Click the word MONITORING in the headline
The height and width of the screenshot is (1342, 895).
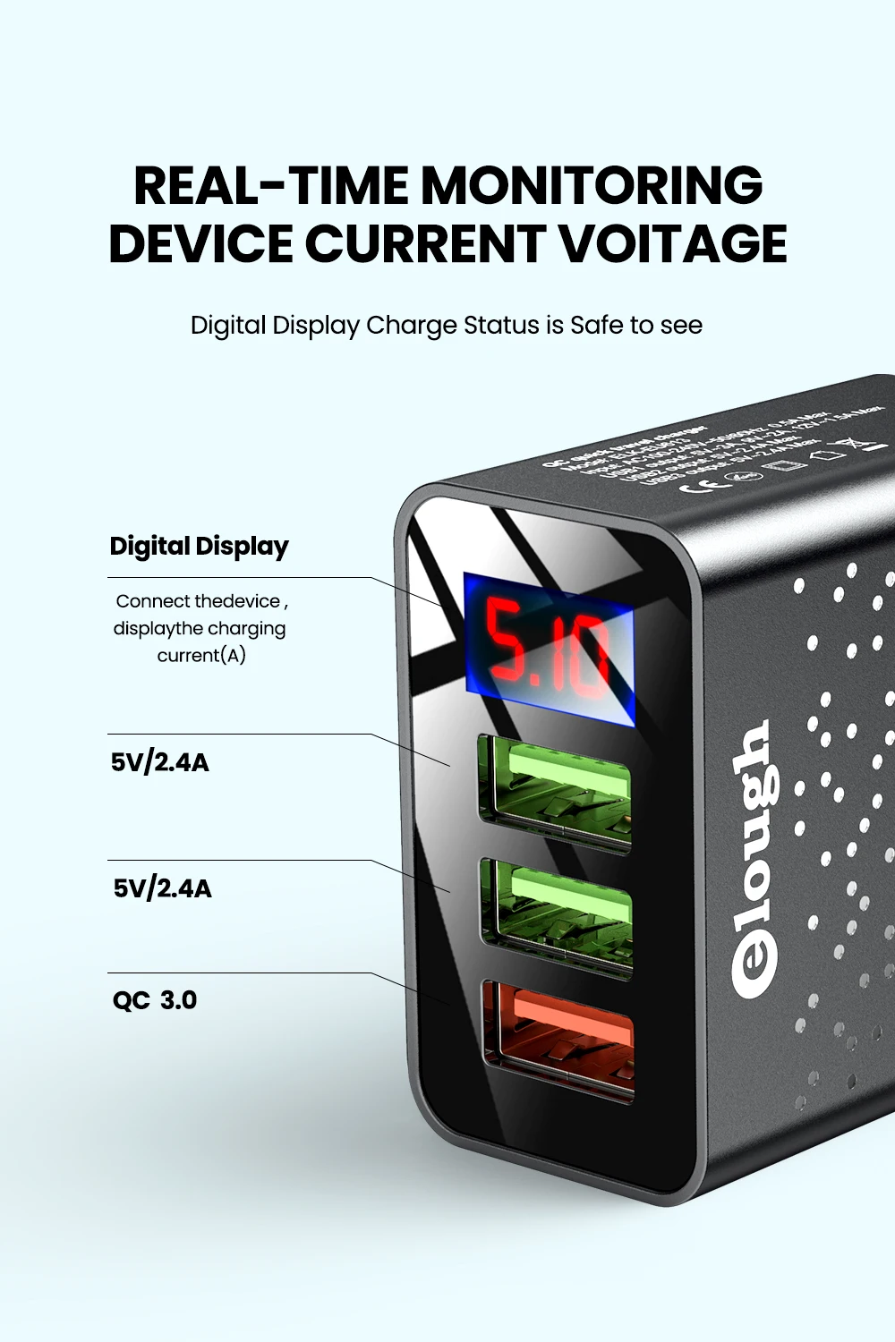click(x=592, y=185)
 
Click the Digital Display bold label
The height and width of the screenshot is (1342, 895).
click(x=199, y=546)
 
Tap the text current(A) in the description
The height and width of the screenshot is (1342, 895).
click(x=201, y=655)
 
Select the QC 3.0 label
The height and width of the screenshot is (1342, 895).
click(x=154, y=999)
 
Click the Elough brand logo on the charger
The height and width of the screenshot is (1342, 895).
click(x=753, y=859)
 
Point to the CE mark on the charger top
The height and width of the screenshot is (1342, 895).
click(x=699, y=485)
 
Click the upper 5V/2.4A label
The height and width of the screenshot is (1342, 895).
click(x=160, y=762)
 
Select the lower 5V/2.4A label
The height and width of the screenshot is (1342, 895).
click(x=162, y=888)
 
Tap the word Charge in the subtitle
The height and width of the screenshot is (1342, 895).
click(x=412, y=325)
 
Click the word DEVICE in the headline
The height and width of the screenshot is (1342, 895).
click(x=200, y=243)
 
